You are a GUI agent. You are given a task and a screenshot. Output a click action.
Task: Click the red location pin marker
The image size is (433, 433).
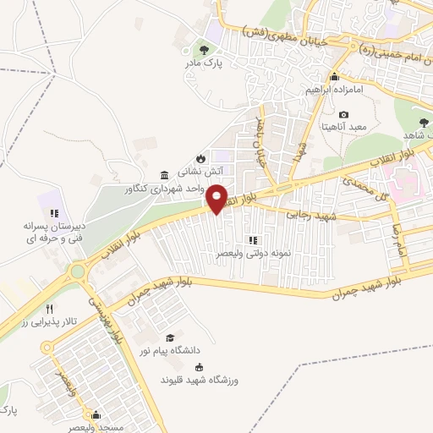tap(217, 198)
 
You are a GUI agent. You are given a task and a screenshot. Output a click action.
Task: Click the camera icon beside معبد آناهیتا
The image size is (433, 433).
tap(343, 115)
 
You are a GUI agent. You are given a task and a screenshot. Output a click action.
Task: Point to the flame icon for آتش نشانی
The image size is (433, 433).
tap(200, 157)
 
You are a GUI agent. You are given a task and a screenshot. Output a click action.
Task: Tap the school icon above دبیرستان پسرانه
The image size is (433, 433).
tap(53, 213)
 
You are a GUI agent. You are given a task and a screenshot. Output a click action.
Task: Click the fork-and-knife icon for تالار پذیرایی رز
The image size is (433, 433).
tap(50, 309)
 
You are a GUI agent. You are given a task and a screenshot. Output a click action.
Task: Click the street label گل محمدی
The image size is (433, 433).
tap(364, 182)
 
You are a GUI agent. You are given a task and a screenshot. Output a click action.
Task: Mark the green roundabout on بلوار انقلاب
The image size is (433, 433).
tap(79, 271)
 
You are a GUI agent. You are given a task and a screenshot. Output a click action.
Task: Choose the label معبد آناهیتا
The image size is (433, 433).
tap(343, 127)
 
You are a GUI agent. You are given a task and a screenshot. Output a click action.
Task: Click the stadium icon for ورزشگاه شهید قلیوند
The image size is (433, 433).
tap(200, 367)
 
